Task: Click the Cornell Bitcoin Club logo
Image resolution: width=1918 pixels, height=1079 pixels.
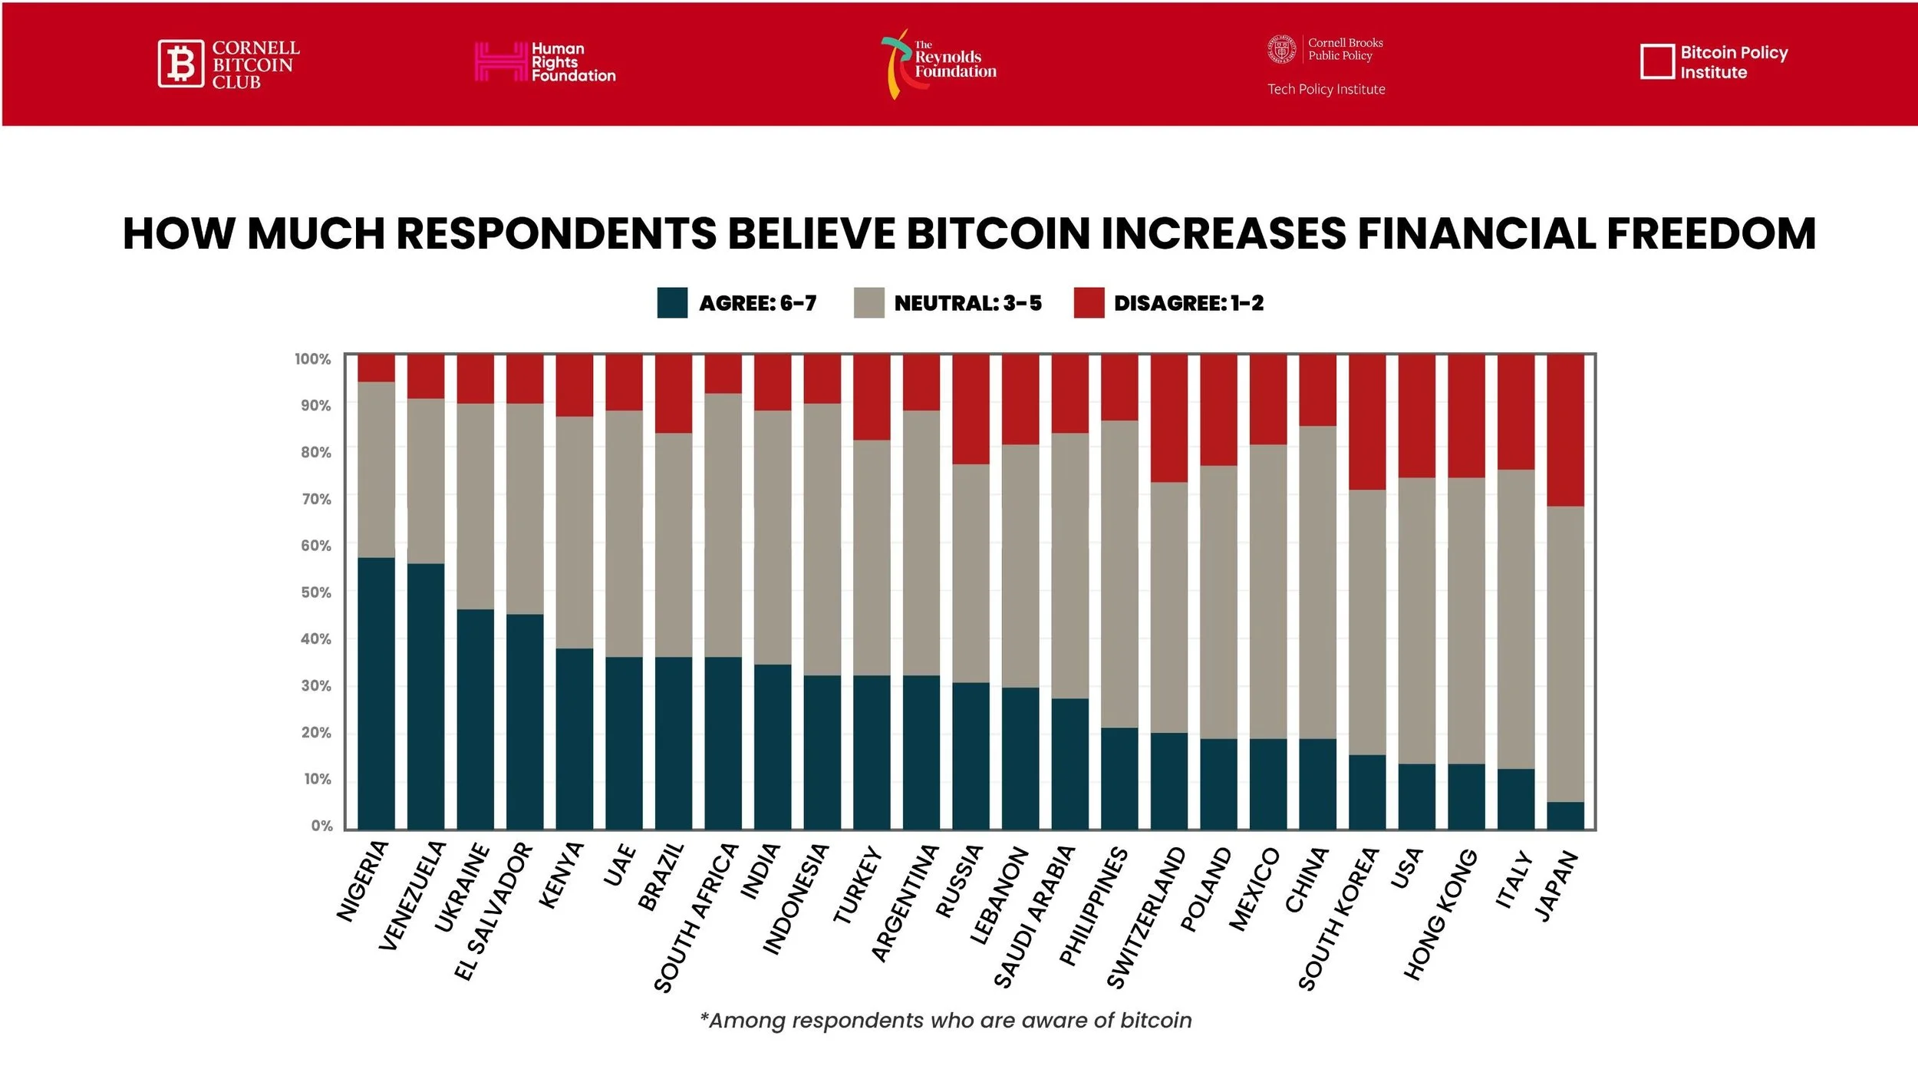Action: (229, 64)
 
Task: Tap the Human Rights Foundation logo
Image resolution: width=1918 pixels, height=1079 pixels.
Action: (545, 62)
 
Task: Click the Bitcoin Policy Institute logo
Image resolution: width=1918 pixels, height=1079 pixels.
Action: (1713, 62)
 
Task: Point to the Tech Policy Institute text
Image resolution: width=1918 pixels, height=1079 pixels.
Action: (1326, 90)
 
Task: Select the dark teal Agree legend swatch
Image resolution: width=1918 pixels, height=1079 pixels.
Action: (672, 302)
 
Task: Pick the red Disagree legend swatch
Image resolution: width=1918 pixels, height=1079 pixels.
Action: (1088, 302)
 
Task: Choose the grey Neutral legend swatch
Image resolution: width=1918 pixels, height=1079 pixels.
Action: (868, 302)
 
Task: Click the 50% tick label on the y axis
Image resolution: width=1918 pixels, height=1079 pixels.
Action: (315, 592)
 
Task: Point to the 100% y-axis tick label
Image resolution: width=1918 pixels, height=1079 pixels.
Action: (312, 359)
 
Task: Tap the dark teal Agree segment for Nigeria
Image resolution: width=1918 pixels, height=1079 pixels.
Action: (376, 693)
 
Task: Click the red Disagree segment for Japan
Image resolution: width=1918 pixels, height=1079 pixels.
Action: (1565, 430)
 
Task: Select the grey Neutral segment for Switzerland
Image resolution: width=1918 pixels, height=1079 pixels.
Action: (1168, 607)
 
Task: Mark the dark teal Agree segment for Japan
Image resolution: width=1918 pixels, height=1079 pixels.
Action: (1565, 815)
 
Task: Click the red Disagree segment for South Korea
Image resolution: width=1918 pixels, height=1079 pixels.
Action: (1367, 422)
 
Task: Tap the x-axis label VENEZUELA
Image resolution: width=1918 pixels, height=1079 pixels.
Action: (412, 896)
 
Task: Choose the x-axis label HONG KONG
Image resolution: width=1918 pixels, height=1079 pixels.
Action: (1440, 914)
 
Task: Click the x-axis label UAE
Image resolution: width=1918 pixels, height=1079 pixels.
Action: (620, 865)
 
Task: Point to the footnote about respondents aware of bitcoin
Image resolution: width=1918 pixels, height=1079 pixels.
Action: (946, 1021)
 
